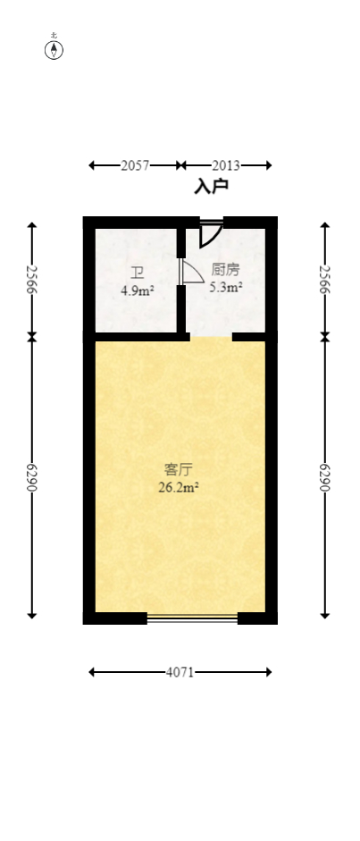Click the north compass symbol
(x=54, y=48)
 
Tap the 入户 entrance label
(x=212, y=187)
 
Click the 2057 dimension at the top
(x=135, y=165)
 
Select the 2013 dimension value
(x=225, y=165)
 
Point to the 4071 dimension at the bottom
(x=180, y=672)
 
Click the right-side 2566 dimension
(x=325, y=280)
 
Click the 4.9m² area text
(x=138, y=290)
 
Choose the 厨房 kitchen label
(x=225, y=269)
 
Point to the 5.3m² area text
(x=226, y=287)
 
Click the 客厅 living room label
(x=180, y=469)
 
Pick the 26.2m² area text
(x=180, y=487)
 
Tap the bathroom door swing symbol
(x=191, y=273)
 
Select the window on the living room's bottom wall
(x=192, y=618)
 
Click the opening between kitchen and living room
(x=211, y=337)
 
